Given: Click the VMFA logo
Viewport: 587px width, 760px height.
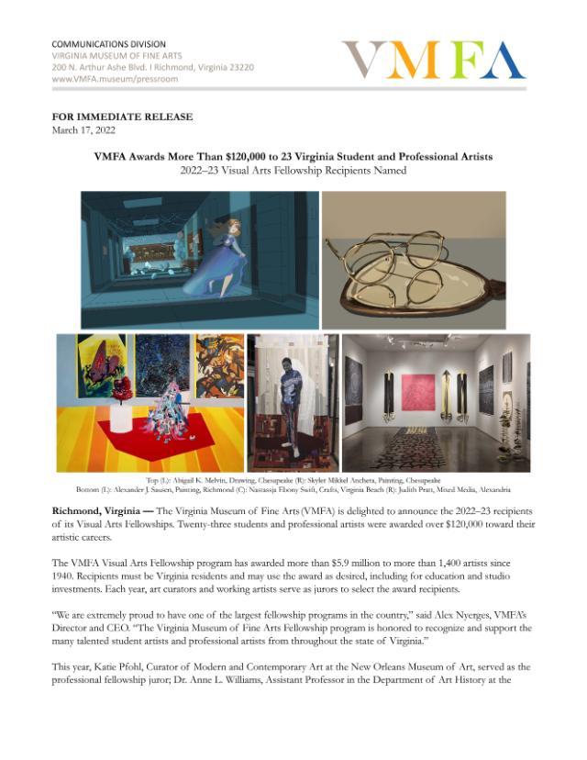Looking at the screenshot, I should pos(433,61).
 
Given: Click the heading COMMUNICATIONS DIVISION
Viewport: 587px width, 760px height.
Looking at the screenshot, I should pos(108,44).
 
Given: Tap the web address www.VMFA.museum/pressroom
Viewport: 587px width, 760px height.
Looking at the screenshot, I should pos(115,80).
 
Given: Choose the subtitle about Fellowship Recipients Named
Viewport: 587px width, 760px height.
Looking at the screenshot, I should pos(293,171).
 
